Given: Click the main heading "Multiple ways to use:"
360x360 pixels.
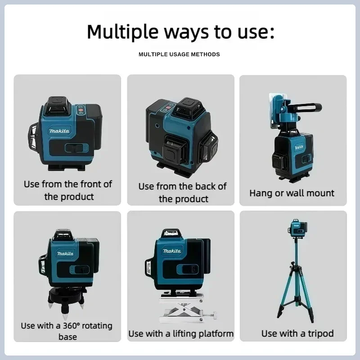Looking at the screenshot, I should tap(180, 32).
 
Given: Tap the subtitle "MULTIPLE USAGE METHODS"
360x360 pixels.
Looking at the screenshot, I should tap(179, 54).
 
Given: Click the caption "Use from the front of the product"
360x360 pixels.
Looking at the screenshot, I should tap(68, 190).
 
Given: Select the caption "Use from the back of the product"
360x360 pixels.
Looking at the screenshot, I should tap(182, 192).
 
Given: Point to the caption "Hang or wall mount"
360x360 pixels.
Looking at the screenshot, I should tap(292, 193).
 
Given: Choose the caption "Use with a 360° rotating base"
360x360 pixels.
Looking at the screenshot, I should tap(67, 331).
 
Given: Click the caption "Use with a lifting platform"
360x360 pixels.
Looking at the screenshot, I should tap(181, 333).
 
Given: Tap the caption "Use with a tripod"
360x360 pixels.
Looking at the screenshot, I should tap(297, 333).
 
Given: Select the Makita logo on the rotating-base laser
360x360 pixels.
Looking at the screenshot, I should tap(66, 253).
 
